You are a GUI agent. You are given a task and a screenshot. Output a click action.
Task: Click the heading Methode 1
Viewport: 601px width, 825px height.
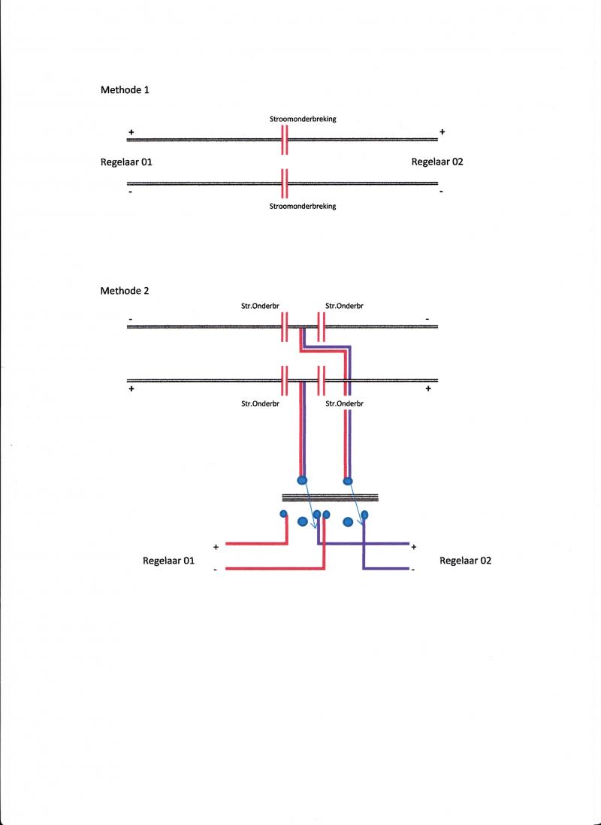tap(125, 89)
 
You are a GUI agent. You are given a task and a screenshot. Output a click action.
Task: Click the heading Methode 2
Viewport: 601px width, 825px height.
tap(125, 291)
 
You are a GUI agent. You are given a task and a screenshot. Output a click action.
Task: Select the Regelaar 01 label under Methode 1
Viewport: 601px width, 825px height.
tap(126, 162)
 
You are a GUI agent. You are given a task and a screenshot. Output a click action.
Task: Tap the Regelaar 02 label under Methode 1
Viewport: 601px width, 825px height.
tap(437, 162)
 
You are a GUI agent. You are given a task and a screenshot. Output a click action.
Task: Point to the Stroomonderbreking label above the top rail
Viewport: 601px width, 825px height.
tap(303, 119)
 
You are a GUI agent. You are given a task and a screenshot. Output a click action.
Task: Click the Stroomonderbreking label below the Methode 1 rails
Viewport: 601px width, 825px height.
tap(303, 206)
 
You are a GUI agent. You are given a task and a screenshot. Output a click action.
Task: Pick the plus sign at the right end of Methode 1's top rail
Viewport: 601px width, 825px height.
tap(442, 132)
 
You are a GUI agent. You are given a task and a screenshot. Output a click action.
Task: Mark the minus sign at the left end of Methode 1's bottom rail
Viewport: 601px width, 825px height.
tap(131, 192)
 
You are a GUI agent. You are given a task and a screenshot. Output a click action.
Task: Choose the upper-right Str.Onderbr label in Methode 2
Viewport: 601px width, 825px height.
tap(345, 307)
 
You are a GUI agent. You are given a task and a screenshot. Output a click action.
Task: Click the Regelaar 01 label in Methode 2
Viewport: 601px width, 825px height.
tap(169, 561)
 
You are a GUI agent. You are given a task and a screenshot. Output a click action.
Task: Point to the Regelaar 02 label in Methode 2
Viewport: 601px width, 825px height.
tap(465, 561)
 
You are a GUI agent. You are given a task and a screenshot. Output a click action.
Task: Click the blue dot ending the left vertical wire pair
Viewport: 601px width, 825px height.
tap(302, 480)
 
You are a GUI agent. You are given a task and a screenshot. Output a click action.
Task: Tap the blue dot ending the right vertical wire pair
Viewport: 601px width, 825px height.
tap(348, 480)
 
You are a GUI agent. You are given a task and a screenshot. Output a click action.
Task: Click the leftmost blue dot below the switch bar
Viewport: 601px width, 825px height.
tap(284, 514)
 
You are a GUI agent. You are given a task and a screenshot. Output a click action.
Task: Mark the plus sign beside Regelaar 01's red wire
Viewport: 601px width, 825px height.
tap(216, 547)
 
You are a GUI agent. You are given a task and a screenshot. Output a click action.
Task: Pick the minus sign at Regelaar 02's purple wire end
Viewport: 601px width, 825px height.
tap(413, 570)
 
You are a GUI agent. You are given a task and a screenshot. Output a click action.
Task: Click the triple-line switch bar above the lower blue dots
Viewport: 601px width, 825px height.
tap(330, 497)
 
